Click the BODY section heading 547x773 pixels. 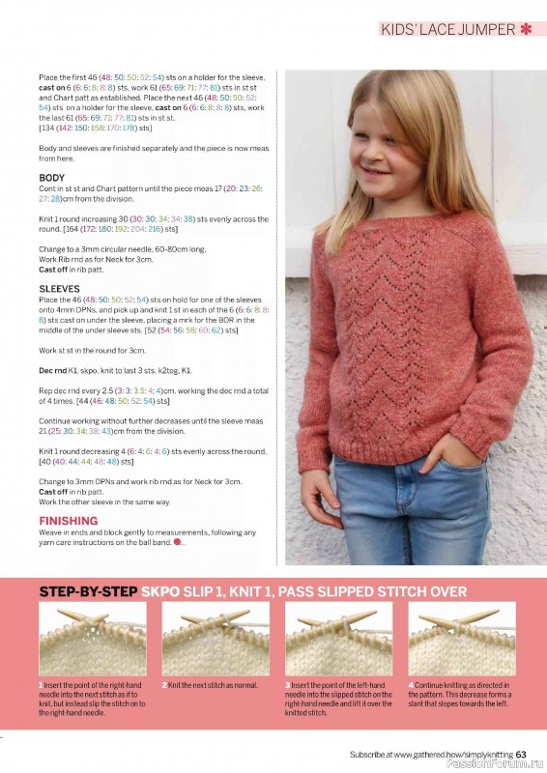coord(52,178)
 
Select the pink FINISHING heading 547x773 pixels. coord(68,521)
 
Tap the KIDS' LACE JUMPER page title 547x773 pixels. coord(447,30)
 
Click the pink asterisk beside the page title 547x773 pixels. coord(527,30)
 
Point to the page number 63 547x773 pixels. coord(521,755)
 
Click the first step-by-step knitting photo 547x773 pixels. coord(92,639)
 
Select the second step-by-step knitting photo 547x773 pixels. coord(215,639)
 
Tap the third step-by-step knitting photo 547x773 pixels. coord(337,639)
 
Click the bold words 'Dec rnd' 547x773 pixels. coord(53,371)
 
